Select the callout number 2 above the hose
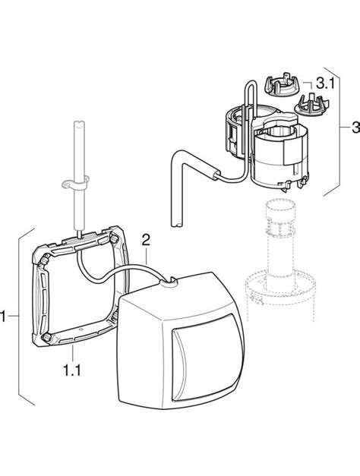[147, 240]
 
